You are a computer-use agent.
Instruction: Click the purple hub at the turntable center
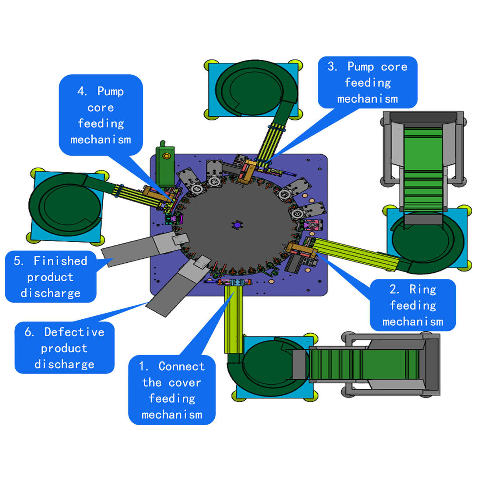click(x=237, y=225)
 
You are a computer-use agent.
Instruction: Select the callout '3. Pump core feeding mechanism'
click(x=367, y=82)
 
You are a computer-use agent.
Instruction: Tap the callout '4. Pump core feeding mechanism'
click(x=101, y=115)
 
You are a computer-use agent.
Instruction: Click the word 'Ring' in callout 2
click(x=422, y=289)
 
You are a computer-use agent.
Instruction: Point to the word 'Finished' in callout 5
click(x=60, y=261)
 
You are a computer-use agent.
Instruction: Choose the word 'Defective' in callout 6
click(x=74, y=332)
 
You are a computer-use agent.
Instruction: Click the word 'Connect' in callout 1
click(x=181, y=366)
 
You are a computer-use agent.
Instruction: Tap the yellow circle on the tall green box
click(x=166, y=156)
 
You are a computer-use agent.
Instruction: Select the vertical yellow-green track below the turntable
click(x=232, y=319)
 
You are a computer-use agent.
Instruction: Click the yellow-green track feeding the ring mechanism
click(x=354, y=253)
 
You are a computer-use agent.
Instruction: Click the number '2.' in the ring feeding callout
click(x=394, y=289)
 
